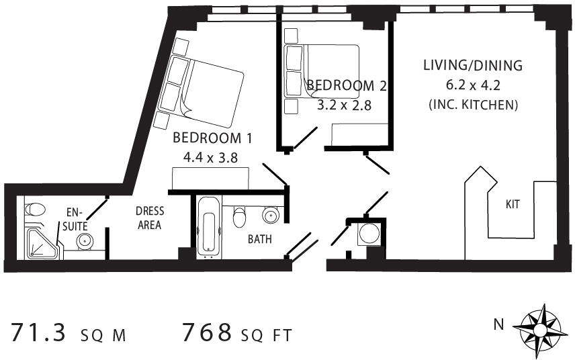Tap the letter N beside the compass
[x=498, y=325]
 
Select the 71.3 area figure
[x=38, y=332]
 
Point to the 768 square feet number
[x=207, y=332]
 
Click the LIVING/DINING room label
[x=473, y=65]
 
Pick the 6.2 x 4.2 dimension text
[x=473, y=85]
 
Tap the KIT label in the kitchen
[x=513, y=204]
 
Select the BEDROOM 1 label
[x=212, y=138]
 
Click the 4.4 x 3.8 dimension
[x=210, y=158]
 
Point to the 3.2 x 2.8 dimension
[x=344, y=105]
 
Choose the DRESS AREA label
[x=150, y=218]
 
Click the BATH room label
[x=260, y=239]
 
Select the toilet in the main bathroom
[x=239, y=217]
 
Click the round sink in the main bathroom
[x=271, y=214]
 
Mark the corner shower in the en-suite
[x=42, y=243]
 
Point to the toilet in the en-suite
[x=35, y=210]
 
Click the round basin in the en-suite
[x=85, y=242]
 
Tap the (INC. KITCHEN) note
[x=473, y=105]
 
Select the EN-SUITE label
[x=75, y=219]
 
